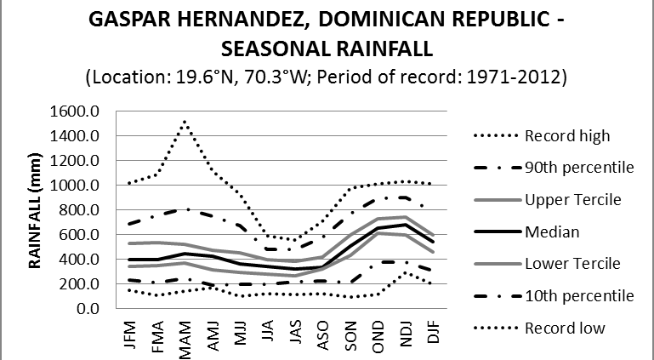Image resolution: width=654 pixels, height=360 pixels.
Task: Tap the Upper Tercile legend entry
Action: point(572,199)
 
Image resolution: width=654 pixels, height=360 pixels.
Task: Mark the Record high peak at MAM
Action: point(185,122)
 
